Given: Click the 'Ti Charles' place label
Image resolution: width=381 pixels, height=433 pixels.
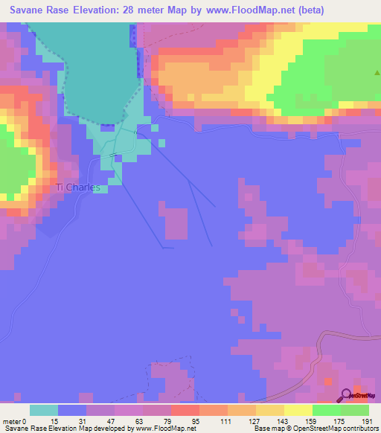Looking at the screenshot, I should [x=78, y=187].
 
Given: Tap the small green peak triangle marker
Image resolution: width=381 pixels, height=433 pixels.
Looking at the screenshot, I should [x=377, y=73].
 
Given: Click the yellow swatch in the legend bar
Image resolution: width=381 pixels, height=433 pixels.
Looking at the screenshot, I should [x=298, y=410].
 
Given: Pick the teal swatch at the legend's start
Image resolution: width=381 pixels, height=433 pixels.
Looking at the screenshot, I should [x=44, y=410].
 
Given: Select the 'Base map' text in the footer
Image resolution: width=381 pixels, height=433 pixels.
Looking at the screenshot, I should [x=267, y=428].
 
